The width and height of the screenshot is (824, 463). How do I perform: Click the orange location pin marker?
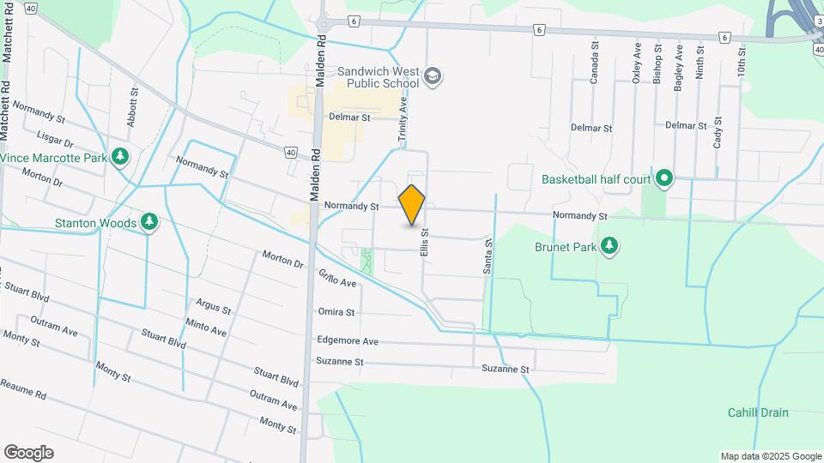(x=412, y=204)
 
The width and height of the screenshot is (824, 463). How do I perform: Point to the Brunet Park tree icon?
(x=609, y=246)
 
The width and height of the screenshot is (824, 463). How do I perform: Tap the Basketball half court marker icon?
(x=663, y=179)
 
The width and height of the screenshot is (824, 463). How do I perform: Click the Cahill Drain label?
(x=758, y=412)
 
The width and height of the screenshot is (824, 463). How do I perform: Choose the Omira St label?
(x=336, y=312)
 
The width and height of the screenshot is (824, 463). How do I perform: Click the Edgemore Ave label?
(x=348, y=340)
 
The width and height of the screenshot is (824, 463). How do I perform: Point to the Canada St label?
(x=594, y=66)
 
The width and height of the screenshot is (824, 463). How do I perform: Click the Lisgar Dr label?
(x=56, y=139)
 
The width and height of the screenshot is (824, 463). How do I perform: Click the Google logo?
(x=28, y=452)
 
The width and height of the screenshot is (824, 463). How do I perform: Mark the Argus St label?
(x=214, y=306)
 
